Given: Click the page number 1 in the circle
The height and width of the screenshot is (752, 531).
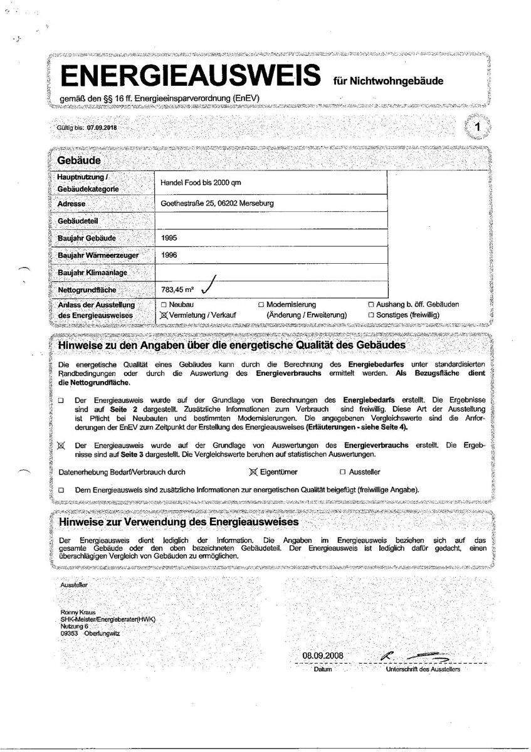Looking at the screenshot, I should [478, 127].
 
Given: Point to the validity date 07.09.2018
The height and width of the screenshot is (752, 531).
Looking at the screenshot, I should [102, 127].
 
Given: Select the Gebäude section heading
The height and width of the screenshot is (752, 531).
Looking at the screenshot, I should [80, 160].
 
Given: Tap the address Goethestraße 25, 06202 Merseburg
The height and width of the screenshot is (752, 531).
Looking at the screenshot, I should [217, 204].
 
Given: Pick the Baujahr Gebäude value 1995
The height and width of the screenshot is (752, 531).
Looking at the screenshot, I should [169, 238].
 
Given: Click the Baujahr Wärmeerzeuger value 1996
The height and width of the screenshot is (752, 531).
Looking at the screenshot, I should [169, 255].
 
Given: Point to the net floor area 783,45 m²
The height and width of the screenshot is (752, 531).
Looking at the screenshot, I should [177, 290].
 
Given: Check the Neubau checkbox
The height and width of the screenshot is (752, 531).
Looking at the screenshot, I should [164, 305].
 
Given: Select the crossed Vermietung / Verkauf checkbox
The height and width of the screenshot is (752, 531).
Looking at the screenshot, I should [165, 315].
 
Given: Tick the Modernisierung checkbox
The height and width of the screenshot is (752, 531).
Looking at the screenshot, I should [261, 305].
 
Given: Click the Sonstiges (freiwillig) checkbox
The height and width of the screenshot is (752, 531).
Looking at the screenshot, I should [371, 315].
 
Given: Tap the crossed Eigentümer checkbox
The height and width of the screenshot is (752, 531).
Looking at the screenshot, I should [254, 471].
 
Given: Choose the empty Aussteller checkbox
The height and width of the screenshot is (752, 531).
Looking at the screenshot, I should [342, 472].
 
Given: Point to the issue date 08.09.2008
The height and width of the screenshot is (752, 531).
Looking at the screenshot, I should [323, 656].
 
